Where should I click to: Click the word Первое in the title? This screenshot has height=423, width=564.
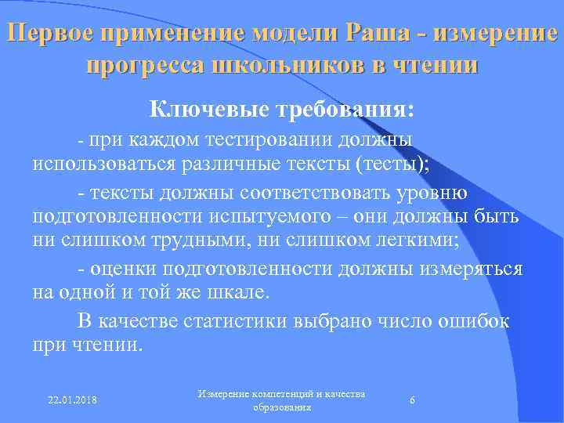48,34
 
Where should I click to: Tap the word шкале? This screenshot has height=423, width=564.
237,294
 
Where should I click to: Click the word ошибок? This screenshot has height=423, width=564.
474,320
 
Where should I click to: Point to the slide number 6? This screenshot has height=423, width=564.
412,401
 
